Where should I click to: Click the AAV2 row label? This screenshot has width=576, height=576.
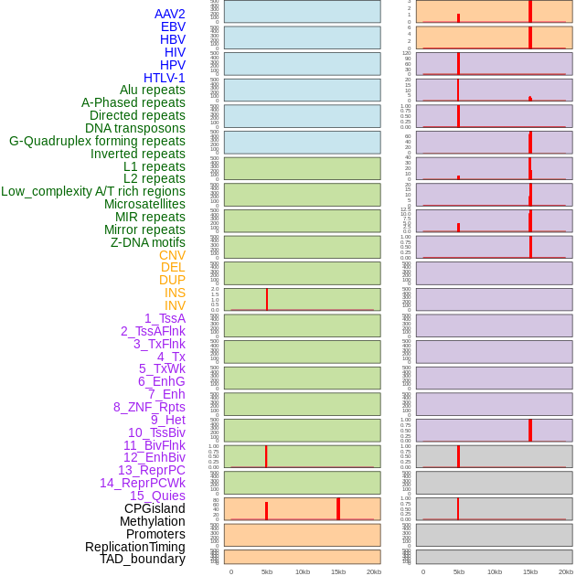(169, 14)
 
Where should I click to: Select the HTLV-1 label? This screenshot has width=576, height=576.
(164, 78)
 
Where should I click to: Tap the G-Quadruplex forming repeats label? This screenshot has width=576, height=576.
(97, 141)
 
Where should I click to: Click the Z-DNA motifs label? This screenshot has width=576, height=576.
(148, 242)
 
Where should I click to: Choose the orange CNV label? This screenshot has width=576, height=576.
(172, 255)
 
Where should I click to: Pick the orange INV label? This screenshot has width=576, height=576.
(175, 305)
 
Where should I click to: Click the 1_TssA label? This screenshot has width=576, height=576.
(165, 318)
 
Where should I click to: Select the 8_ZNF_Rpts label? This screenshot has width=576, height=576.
(149, 407)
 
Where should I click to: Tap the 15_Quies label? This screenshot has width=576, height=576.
(157, 496)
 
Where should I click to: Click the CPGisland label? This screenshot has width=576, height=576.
(155, 508)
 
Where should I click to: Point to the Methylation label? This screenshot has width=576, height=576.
(152, 521)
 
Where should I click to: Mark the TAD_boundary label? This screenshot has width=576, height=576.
(143, 559)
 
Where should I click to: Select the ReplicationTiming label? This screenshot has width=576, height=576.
(134, 547)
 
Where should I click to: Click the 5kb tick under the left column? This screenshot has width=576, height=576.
(267, 571)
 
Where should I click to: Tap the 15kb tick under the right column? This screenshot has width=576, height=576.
(530, 571)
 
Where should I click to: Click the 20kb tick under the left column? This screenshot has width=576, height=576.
(373, 571)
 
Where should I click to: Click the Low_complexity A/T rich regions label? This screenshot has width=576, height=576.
(93, 191)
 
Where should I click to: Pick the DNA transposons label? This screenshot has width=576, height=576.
(135, 128)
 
